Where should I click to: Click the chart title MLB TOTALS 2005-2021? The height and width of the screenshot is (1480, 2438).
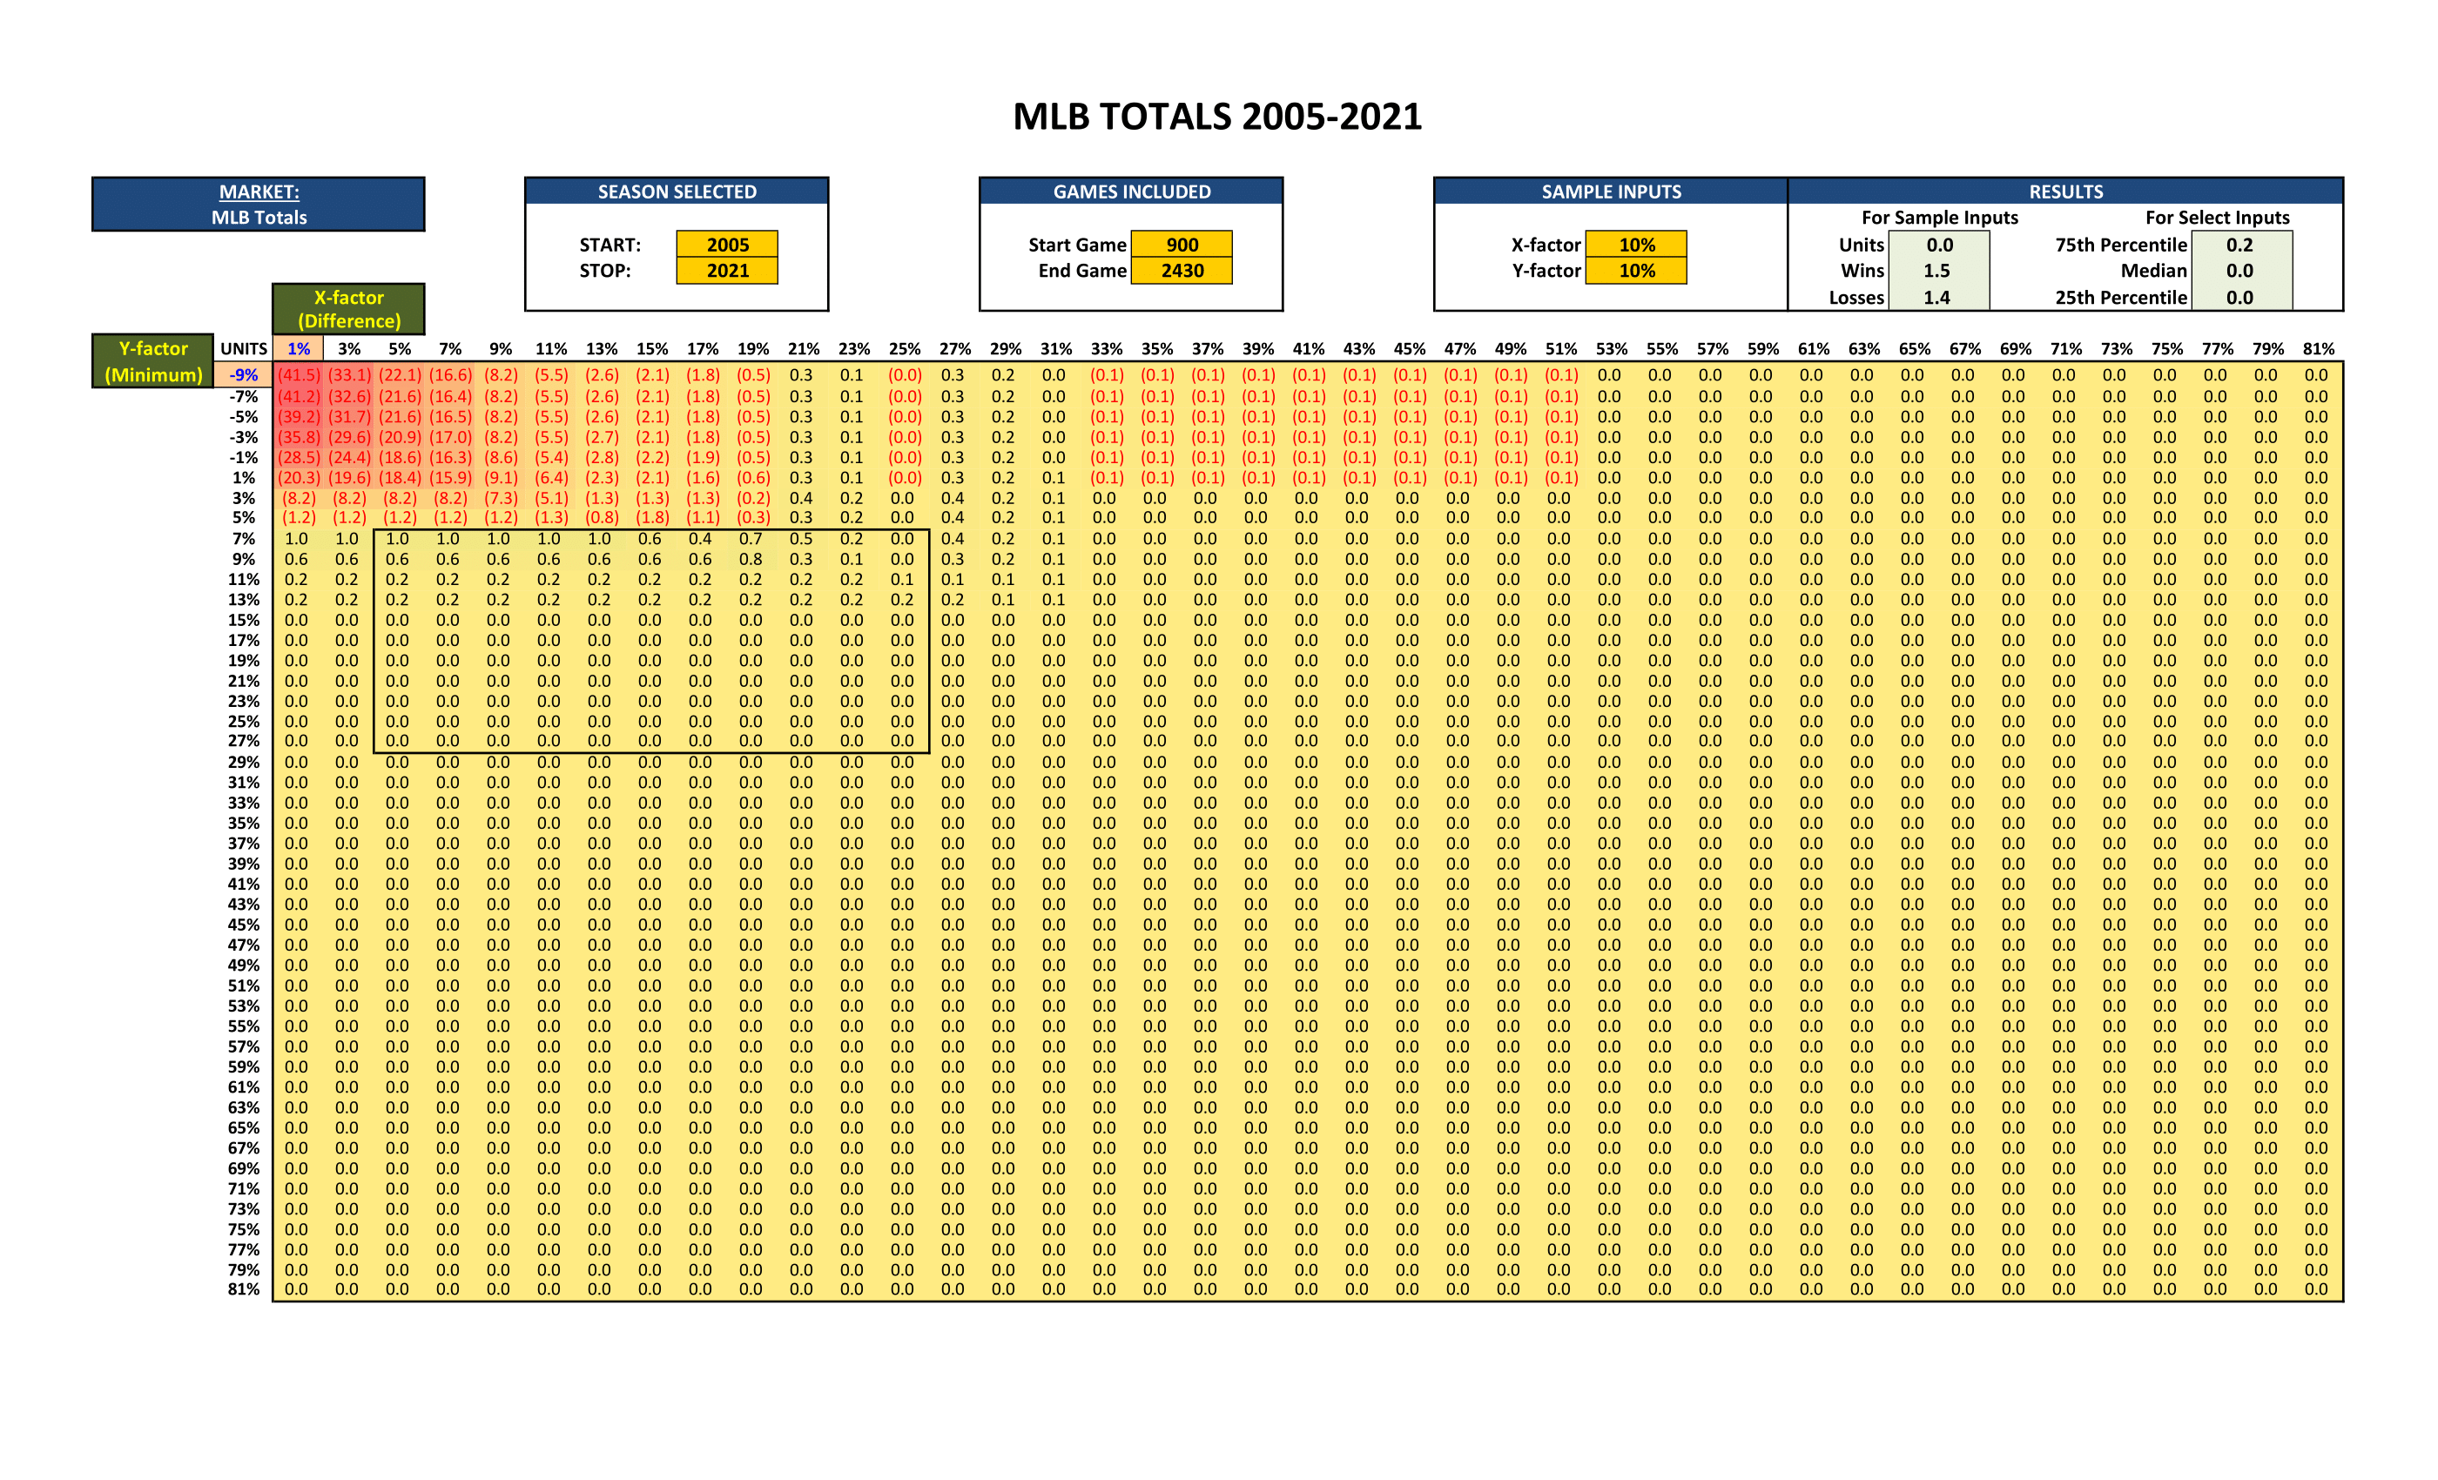[x=1217, y=117]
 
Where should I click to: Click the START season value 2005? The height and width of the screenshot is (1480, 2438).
[x=727, y=245]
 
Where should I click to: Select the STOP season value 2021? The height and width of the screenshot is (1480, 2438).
[x=727, y=270]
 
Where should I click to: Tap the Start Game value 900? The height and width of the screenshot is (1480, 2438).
[x=1182, y=245]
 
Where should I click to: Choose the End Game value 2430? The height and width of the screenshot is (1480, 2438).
[x=1182, y=270]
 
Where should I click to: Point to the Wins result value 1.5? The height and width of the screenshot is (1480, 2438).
[x=1937, y=270]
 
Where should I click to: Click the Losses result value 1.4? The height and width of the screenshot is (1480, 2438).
[x=1937, y=297]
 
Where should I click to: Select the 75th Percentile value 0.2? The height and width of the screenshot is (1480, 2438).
[x=2240, y=245]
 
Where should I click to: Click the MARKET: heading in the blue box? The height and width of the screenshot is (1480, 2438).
[x=259, y=192]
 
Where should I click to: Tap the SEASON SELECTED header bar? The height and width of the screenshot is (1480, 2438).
[x=677, y=192]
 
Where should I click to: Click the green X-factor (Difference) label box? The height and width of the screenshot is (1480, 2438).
[x=348, y=309]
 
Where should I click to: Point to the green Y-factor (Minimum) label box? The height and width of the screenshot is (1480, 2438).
[x=153, y=361]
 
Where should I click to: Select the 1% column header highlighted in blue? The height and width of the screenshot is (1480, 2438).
[x=298, y=348]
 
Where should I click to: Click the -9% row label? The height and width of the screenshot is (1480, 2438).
[x=244, y=375]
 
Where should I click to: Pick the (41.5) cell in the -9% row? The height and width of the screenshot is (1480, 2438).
[x=298, y=375]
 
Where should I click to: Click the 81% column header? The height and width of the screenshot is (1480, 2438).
[x=2317, y=348]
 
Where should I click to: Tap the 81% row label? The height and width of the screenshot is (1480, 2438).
[x=244, y=1289]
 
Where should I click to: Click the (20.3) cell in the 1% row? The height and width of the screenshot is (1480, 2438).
[x=298, y=477]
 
